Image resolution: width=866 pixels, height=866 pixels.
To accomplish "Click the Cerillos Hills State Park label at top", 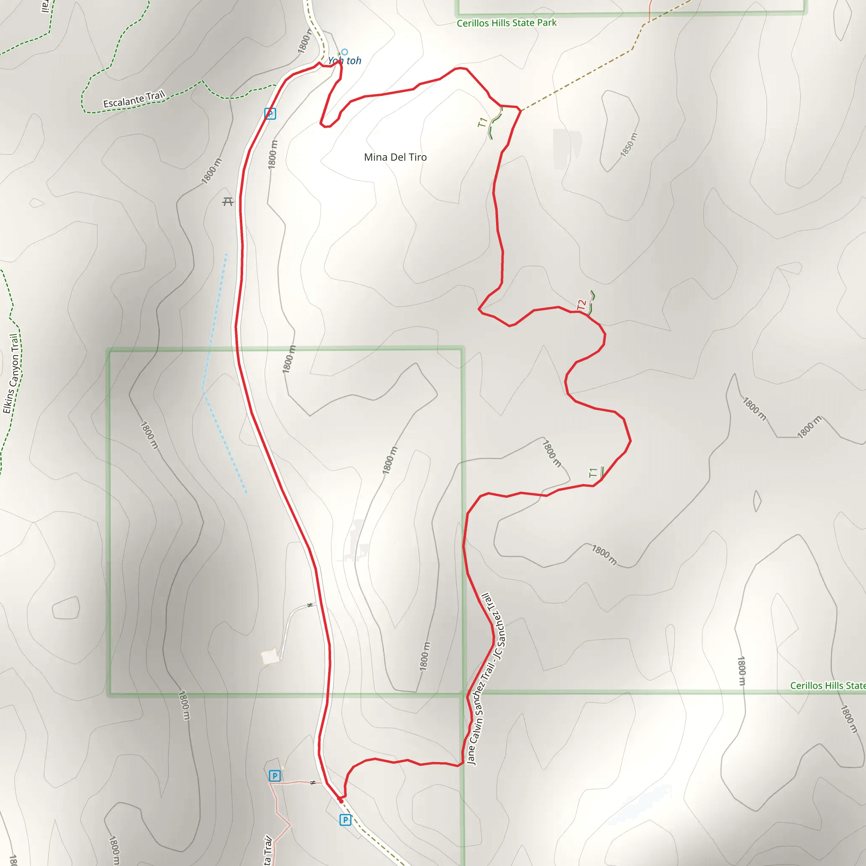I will coord(507,23).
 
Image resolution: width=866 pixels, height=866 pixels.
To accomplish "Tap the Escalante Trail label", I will coord(134,99).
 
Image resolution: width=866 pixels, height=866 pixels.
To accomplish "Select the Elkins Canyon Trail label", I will coord(12,373).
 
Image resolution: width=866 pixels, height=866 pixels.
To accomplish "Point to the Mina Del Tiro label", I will coord(395,157).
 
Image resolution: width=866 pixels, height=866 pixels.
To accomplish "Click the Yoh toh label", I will coord(344,61).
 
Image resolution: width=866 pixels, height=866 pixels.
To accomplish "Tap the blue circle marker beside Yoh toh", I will coord(344,52).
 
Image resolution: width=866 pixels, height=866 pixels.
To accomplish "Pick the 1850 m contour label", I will coord(628,145).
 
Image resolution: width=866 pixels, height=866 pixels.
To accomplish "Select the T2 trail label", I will coord(582,305).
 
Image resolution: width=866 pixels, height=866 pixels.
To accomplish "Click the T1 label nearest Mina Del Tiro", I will coord(482,122).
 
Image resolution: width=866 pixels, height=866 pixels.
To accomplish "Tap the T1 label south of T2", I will coord(593,473).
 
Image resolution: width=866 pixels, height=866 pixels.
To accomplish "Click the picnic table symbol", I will coord(228,202).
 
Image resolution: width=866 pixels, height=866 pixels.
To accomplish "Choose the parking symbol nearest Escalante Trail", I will coord(270,114).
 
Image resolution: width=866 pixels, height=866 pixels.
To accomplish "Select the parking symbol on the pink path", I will coord(274,776).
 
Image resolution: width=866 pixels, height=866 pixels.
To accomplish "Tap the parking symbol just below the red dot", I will coord(345,820).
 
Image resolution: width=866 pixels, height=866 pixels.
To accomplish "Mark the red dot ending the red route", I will coord(341,801).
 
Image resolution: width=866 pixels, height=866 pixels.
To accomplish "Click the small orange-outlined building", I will coord(270,657).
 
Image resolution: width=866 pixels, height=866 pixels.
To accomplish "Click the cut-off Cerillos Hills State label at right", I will coord(828,686).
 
